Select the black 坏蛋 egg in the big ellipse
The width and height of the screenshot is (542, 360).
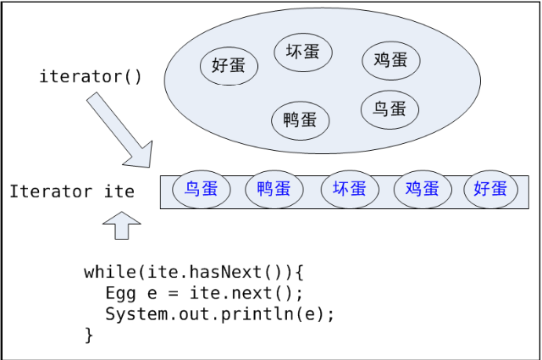tap(303, 53)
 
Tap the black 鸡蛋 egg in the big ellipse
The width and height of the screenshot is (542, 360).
tap(390, 60)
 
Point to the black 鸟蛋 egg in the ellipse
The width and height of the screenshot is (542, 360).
tap(390, 108)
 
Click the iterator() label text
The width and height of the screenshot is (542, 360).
tap(91, 76)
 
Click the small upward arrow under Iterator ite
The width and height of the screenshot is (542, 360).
tap(121, 225)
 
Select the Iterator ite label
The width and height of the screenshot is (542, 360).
tap(72, 191)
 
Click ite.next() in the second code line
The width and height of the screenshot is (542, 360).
tap(250, 293)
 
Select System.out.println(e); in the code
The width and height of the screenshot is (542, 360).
tap(220, 314)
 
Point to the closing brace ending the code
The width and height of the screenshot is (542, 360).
tap(89, 335)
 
